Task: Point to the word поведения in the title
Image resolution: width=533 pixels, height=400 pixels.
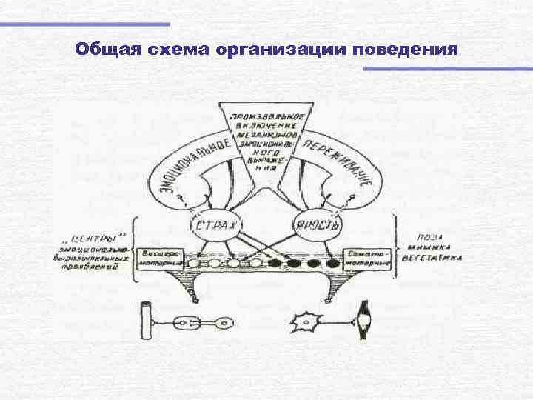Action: [x=406, y=50]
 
